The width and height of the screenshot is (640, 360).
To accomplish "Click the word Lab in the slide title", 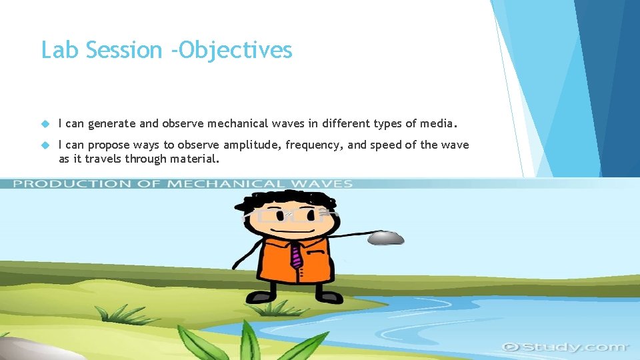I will (55, 50).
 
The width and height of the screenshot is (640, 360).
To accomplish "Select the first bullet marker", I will (45, 123).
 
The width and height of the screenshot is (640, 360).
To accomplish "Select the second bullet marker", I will (45, 145).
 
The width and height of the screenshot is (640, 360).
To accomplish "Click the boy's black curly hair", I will (290, 201).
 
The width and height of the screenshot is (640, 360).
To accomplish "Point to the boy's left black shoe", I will (261, 295).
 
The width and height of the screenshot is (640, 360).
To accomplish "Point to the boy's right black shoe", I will (328, 295).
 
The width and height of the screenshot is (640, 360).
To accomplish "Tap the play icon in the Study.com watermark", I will (511, 347).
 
